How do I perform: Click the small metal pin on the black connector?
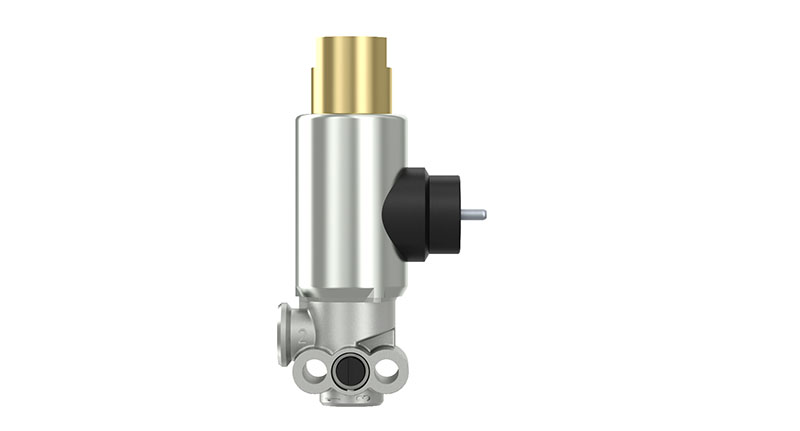click(x=473, y=213)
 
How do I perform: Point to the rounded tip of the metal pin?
click(x=484, y=213)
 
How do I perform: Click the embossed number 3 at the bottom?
click(x=351, y=401)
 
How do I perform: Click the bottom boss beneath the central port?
click(x=351, y=395)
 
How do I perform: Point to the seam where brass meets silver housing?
click(x=351, y=114)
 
